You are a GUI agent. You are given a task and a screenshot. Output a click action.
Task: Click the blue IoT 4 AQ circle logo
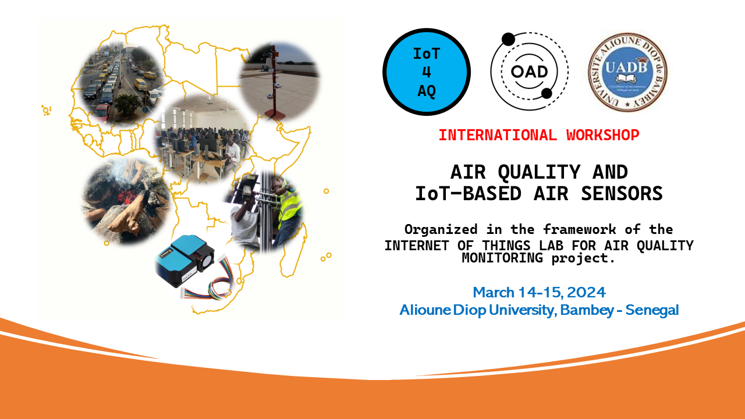tap(427, 72)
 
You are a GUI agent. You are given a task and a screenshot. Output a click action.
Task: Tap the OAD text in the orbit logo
tap(529, 72)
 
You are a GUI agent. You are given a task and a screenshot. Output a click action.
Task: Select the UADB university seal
tap(627, 72)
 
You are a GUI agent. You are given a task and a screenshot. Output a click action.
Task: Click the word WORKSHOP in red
tap(602, 135)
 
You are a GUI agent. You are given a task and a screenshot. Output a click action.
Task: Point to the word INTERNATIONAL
tap(498, 135)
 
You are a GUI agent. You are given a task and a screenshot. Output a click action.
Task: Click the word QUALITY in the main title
tap(539, 172)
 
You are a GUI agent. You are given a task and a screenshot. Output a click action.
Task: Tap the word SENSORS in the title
tap(622, 194)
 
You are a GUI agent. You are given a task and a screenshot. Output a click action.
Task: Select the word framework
tap(579, 229)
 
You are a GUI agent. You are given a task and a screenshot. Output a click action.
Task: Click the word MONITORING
tap(502, 258)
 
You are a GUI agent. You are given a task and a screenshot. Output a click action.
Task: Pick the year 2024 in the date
tap(586, 293)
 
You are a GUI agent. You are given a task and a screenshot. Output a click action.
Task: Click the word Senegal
tap(652, 310)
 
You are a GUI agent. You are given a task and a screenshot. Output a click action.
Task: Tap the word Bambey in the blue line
tap(587, 310)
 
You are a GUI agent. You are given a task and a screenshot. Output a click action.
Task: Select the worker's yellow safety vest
tap(290, 204)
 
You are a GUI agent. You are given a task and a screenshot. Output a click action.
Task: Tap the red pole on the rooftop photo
tap(275, 83)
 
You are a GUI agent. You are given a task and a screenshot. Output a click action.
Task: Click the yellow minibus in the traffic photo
tap(141, 84)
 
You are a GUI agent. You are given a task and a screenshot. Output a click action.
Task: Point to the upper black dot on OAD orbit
tap(508, 40)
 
